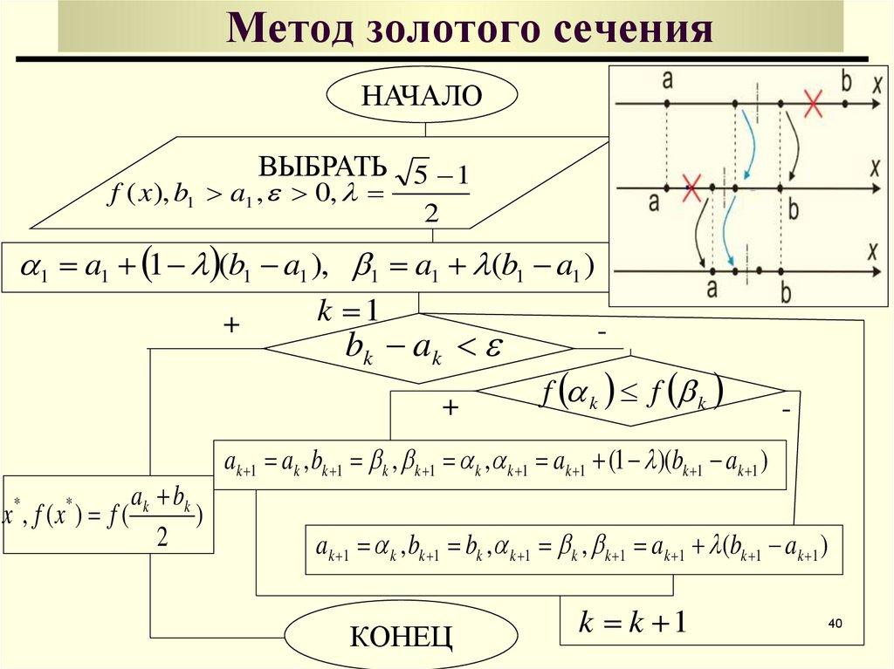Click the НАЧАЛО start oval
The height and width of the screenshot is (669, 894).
[x=422, y=95]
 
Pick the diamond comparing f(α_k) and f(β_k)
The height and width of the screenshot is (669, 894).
[x=631, y=393]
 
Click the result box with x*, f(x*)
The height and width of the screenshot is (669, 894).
[x=108, y=515]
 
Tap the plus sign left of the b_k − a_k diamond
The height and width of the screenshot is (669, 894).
[x=231, y=325]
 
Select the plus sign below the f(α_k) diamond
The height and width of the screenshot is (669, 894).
[x=450, y=407]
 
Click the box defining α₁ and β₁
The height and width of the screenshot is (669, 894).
[x=303, y=267]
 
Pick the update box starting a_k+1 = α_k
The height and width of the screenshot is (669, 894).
[x=574, y=549]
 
